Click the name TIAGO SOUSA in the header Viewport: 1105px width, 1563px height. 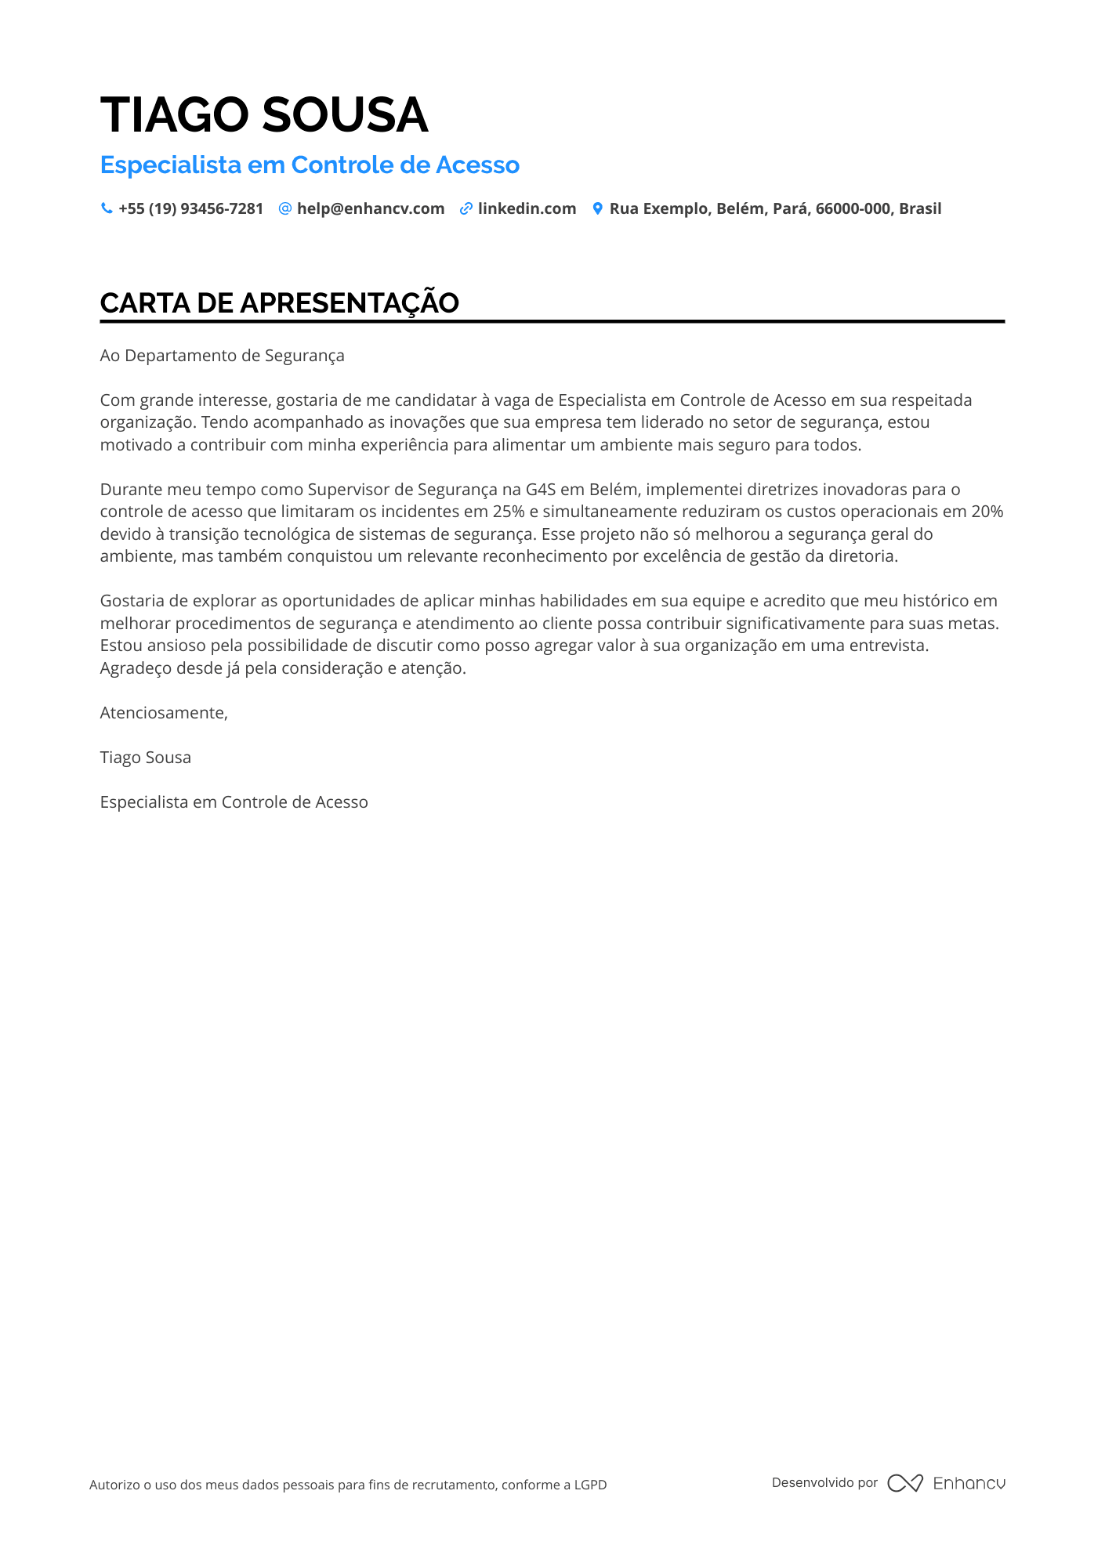click(x=264, y=115)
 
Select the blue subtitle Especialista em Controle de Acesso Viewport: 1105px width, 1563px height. click(x=310, y=165)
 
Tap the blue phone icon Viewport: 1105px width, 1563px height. click(x=107, y=208)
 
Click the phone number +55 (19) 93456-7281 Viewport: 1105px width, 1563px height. click(x=190, y=209)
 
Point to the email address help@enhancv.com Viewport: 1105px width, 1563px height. click(x=371, y=209)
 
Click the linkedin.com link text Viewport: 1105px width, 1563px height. click(x=527, y=209)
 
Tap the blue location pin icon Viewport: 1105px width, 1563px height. click(x=597, y=208)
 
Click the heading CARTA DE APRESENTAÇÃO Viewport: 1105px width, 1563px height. click(x=279, y=303)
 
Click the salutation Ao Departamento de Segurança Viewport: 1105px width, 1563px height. click(x=222, y=356)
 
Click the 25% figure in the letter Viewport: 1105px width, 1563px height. click(x=509, y=512)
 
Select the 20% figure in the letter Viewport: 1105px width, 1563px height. click(x=987, y=512)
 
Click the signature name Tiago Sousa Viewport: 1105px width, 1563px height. click(x=145, y=758)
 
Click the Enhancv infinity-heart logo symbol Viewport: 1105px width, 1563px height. click(x=904, y=1483)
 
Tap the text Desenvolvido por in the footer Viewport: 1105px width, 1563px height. click(x=824, y=1482)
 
